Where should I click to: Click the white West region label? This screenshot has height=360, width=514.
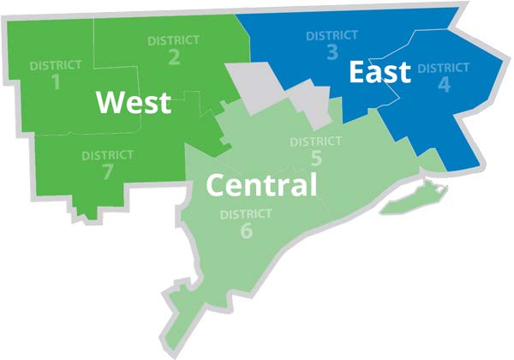pyautogui.click(x=133, y=103)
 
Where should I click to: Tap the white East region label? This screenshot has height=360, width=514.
pyautogui.click(x=380, y=73)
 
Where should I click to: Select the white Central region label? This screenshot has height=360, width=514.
pyautogui.click(x=262, y=183)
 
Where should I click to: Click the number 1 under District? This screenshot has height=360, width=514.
pyautogui.click(x=56, y=82)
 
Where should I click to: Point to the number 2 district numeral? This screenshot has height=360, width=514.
pyautogui.click(x=173, y=57)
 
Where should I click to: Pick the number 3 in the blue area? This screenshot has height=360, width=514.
pyautogui.click(x=332, y=52)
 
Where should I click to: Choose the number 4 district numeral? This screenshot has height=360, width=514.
pyautogui.click(x=443, y=84)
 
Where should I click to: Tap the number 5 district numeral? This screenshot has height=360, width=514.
pyautogui.click(x=316, y=159)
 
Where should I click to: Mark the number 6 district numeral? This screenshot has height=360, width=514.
pyautogui.click(x=246, y=231)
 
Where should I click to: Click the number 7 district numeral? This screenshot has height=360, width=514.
pyautogui.click(x=107, y=171)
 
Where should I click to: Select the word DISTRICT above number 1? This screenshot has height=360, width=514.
pyautogui.click(x=56, y=65)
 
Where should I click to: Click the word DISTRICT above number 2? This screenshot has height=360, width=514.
pyautogui.click(x=173, y=40)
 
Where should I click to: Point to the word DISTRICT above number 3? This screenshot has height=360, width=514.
pyautogui.click(x=332, y=35)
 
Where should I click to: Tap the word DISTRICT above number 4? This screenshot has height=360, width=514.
pyautogui.click(x=443, y=67)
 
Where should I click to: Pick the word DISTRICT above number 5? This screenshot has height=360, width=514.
pyautogui.click(x=316, y=141)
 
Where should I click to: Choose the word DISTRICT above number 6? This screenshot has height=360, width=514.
pyautogui.click(x=246, y=213)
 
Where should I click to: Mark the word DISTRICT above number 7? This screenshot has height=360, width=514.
pyautogui.click(x=107, y=155)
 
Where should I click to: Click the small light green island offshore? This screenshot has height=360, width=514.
pyautogui.click(x=409, y=202)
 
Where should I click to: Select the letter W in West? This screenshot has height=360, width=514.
pyautogui.click(x=111, y=103)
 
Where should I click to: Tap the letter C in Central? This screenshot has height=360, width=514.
pyautogui.click(x=217, y=183)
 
